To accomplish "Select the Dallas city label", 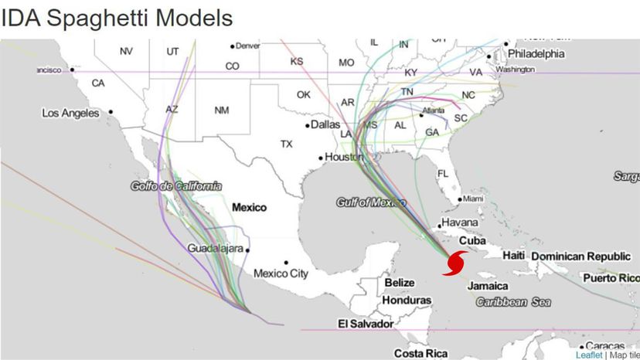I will (325, 124).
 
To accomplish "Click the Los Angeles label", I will (70, 114).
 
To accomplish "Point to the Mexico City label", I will (281, 273).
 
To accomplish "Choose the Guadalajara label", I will (216, 249).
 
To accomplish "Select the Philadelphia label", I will (536, 54).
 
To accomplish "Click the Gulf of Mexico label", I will (371, 202).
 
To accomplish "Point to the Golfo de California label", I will (176, 186).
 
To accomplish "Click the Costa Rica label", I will (420, 353).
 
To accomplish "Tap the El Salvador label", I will (366, 324).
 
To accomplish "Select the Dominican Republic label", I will (580, 256).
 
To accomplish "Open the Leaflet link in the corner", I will (589, 355).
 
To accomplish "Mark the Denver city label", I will (248, 46).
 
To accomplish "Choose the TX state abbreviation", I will (287, 144).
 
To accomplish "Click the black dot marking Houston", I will (321, 158).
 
